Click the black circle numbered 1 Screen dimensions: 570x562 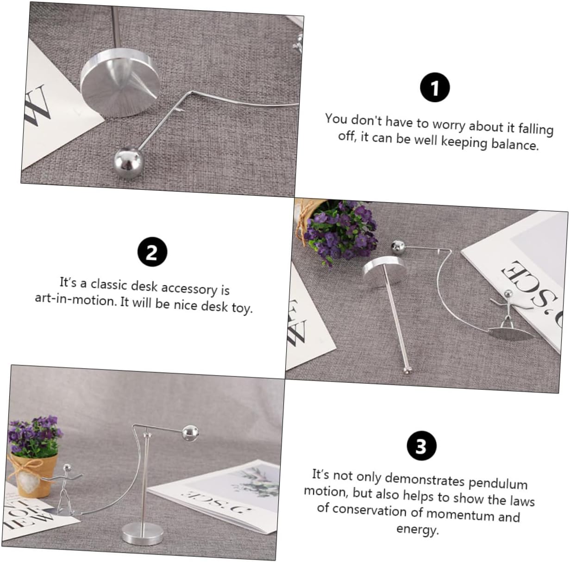click(435, 87)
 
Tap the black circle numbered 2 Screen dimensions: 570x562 click(152, 252)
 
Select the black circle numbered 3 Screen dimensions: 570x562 click(421, 446)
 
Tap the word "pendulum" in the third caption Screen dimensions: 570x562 click(498, 484)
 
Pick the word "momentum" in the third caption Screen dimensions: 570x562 click(460, 514)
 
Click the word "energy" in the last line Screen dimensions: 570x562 click(417, 530)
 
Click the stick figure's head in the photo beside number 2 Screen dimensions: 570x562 click(508, 294)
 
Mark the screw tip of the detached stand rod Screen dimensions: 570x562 click(408, 370)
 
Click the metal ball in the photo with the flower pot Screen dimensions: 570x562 click(190, 434)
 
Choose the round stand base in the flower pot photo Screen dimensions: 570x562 click(143, 534)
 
